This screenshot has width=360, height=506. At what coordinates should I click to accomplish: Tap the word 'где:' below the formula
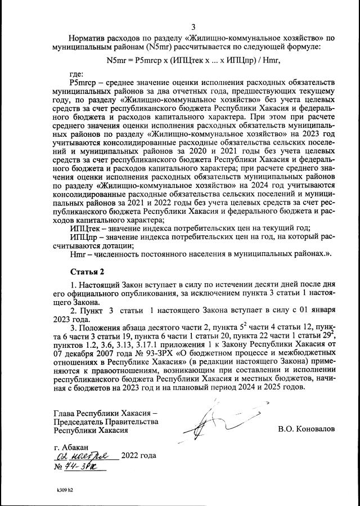click(76, 74)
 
